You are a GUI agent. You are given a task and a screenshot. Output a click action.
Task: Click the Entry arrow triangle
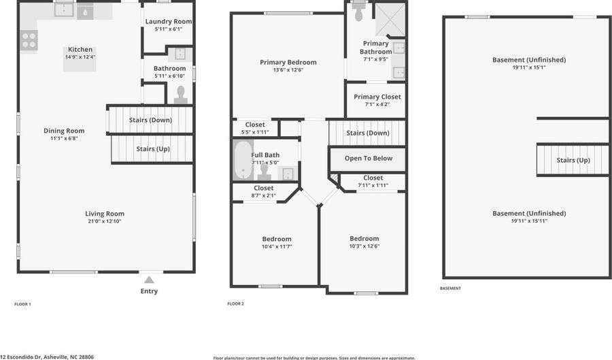coord(149,279)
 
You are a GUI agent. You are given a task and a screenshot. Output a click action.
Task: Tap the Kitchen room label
coord(80,50)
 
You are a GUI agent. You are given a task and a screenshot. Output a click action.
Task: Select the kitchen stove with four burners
coord(29,41)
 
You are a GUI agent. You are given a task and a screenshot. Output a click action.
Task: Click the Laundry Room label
coord(169,22)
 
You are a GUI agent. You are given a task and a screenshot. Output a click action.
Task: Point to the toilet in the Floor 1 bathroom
coord(181,95)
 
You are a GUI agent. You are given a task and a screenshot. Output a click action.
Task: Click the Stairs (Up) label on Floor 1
coord(153,148)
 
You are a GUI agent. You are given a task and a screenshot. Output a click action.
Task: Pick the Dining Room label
coord(64,131)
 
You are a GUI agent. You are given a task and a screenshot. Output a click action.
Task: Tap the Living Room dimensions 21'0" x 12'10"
coord(105,221)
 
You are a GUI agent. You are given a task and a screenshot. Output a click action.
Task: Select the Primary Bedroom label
coord(288,62)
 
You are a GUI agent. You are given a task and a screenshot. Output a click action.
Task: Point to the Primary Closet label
coord(377,97)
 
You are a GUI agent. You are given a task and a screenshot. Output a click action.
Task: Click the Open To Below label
coord(368,159)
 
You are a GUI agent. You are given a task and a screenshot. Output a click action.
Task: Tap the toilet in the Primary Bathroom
coord(359,14)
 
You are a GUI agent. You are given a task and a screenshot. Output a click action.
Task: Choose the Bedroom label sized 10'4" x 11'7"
coord(277,239)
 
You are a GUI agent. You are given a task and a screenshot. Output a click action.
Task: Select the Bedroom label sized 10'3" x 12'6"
coord(364,238)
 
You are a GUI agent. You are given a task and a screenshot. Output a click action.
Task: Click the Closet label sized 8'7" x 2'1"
coord(263,188)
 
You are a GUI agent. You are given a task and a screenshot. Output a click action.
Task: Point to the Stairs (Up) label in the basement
coord(573,160)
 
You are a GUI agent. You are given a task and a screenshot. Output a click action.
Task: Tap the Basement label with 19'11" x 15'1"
coord(528,60)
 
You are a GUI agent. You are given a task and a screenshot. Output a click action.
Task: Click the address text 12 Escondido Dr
coord(47,357)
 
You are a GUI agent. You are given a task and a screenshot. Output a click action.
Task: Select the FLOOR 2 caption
coord(235,304)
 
